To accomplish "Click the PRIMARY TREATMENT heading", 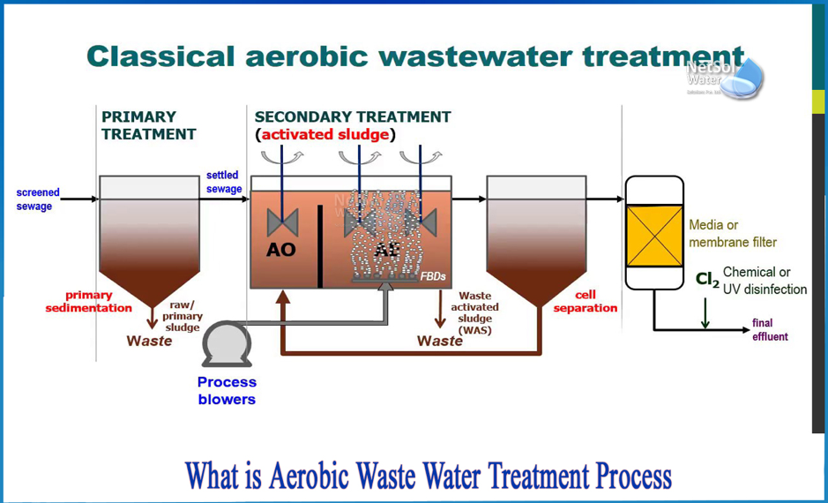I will [148, 125].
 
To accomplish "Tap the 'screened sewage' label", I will [38, 199].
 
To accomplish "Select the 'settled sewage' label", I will [223, 182].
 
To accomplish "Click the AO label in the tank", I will [281, 250].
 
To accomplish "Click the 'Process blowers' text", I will [227, 391].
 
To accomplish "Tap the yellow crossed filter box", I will [654, 236].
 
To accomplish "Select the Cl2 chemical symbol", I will [707, 280].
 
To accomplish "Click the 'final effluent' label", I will [770, 329].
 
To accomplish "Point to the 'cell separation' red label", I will [585, 302].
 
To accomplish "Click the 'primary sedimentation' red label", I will [89, 302].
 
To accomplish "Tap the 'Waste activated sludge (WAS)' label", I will [475, 313].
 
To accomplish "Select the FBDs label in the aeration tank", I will [433, 277].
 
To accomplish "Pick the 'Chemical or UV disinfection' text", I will [765, 281].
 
